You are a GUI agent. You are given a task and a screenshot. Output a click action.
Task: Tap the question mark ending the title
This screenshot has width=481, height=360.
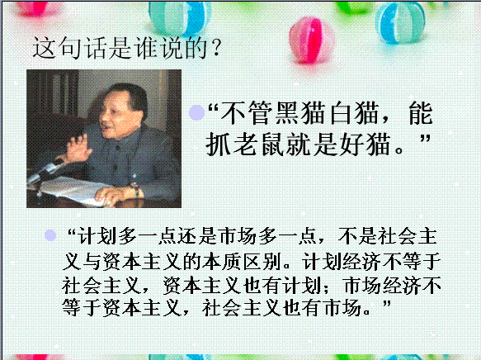pyautogui.click(x=216, y=48)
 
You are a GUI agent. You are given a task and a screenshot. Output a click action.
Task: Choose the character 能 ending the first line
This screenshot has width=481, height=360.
pyautogui.click(x=421, y=113)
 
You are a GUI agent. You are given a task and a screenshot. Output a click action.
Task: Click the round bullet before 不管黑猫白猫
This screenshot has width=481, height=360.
pyautogui.click(x=196, y=112)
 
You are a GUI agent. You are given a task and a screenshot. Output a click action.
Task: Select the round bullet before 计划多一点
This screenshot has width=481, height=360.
pyautogui.click(x=50, y=235)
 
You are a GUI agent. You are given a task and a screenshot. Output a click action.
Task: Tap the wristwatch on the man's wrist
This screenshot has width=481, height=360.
pyautogui.click(x=135, y=189)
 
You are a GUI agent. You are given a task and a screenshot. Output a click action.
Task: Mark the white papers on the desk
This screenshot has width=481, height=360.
pyautogui.click(x=73, y=191)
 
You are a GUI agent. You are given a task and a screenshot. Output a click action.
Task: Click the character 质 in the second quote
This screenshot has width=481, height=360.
pyautogui.click(x=233, y=262)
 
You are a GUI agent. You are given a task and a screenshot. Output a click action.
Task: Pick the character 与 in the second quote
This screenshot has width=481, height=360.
pyautogui.click(x=92, y=262)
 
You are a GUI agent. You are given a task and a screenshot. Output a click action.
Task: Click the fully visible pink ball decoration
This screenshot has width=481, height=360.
pyautogui.click(x=311, y=40)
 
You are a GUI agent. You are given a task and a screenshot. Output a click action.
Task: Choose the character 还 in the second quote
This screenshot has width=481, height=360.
pyautogui.click(x=188, y=236)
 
